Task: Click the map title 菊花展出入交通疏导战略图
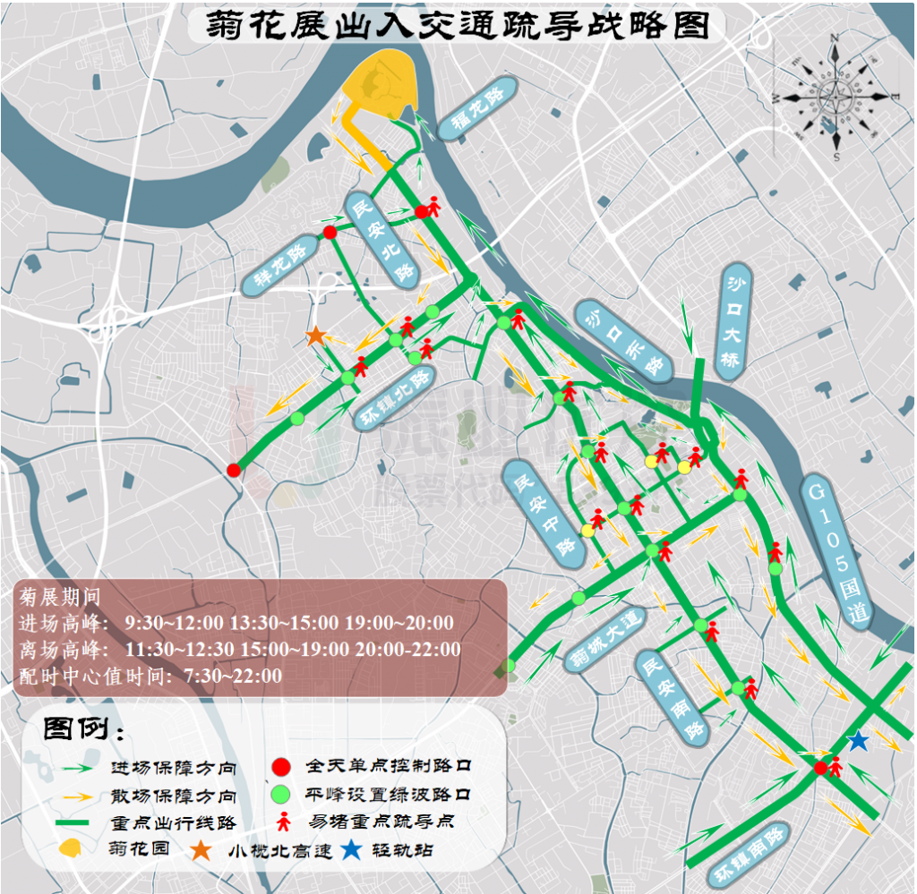[x=458, y=24]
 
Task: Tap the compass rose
[x=834, y=96]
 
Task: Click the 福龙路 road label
[x=478, y=107]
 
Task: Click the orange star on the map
[x=315, y=336]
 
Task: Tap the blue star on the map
[x=858, y=741]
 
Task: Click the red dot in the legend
[x=281, y=767]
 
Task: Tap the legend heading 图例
[x=84, y=729]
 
